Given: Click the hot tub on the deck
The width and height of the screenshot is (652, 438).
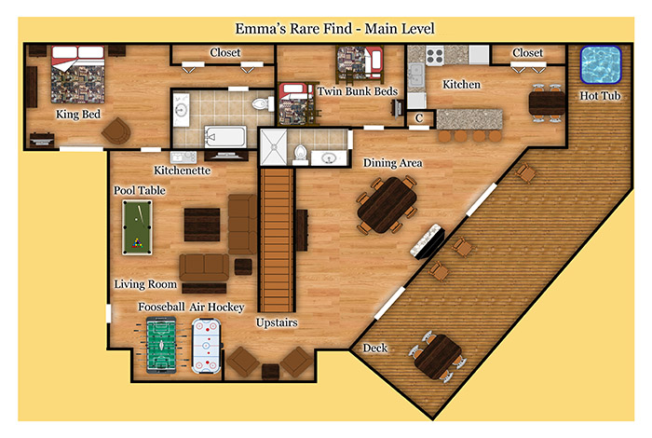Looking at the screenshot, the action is tap(601, 64).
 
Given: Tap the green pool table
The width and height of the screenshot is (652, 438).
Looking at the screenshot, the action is tap(137, 227).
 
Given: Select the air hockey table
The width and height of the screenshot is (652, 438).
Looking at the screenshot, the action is tap(206, 346).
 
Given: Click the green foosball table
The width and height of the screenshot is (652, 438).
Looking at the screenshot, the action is tap(161, 345).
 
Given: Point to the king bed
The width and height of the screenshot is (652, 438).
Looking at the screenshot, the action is tap(77, 75).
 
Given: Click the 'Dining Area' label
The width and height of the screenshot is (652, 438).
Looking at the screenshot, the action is tap(392, 163).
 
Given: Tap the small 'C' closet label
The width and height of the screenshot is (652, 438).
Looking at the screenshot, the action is tap(419, 118).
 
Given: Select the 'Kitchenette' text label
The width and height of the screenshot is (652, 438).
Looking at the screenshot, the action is tap(183, 171).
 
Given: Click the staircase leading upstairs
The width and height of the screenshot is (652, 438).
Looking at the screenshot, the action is tap(277, 240).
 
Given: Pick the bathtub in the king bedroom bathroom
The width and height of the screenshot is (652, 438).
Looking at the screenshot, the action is tap(225, 137).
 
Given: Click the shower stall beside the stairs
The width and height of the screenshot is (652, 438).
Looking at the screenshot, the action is tap(273, 147).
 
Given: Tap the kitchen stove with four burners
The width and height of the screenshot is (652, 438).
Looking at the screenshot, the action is tap(435, 55).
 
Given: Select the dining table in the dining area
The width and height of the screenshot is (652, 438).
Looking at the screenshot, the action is tap(387, 205).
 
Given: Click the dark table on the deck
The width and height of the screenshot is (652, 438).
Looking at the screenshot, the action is tap(438, 357).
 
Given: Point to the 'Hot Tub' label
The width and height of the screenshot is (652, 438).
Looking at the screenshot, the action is tap(600, 96).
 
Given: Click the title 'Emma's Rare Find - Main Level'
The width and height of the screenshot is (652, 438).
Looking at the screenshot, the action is tap(334, 29).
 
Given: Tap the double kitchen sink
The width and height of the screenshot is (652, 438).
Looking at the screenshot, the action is tap(415, 75).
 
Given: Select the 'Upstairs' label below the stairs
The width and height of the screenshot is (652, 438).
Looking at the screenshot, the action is tap(277, 322).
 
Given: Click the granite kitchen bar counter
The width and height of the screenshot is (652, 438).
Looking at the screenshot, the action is tap(469, 119).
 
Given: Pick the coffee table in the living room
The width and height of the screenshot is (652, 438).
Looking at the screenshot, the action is tap(202, 225).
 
